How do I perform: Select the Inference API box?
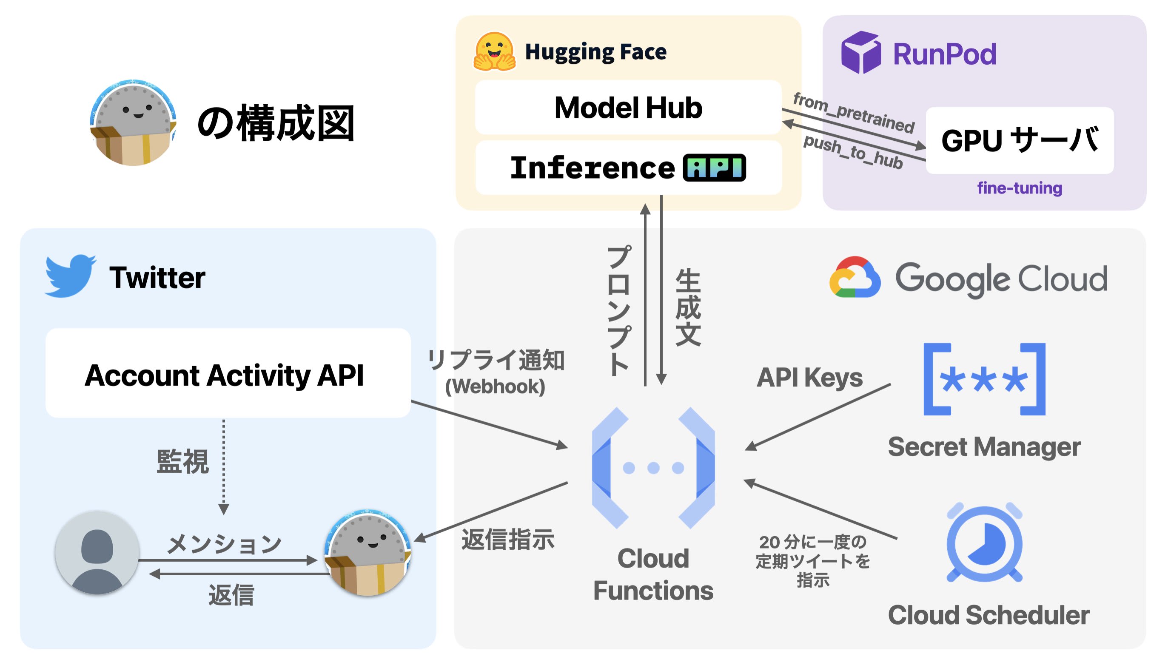[628, 168]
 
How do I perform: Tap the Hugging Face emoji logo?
[494, 51]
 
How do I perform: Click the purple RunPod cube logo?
[860, 53]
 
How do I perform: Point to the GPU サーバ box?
[1019, 140]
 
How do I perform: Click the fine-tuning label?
[1019, 188]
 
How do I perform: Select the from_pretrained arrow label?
[853, 112]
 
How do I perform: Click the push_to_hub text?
[852, 152]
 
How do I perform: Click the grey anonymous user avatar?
[97, 552]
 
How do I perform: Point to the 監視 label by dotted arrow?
[182, 461]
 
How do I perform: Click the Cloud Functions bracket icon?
[653, 468]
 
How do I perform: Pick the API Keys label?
[809, 377]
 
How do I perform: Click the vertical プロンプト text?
[619, 310]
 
